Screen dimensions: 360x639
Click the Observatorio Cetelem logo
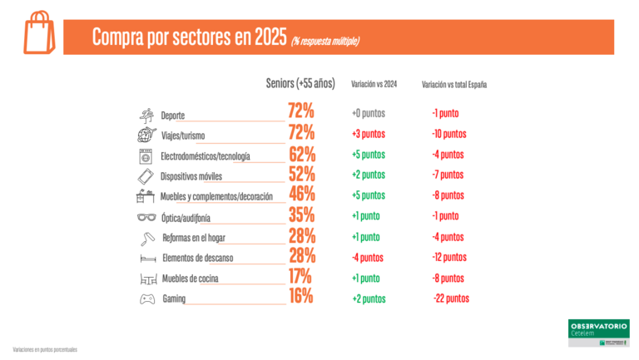click(x=598, y=333)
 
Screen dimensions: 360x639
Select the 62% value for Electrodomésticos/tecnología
click(x=301, y=154)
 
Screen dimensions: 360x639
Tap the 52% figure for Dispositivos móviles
click(x=301, y=175)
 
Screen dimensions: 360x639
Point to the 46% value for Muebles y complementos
click(x=301, y=195)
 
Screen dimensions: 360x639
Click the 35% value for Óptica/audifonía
click(x=301, y=215)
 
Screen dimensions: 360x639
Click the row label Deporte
click(x=173, y=116)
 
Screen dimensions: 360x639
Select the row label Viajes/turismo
click(x=183, y=136)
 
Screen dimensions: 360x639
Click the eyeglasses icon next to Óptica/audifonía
click(x=146, y=217)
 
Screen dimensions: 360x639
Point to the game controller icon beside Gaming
click(x=146, y=298)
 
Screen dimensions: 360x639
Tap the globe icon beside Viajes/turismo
click(x=146, y=136)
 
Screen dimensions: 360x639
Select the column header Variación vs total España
click(x=454, y=84)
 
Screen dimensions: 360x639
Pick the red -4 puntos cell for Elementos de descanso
click(x=368, y=258)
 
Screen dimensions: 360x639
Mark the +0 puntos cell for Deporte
click(x=368, y=113)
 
